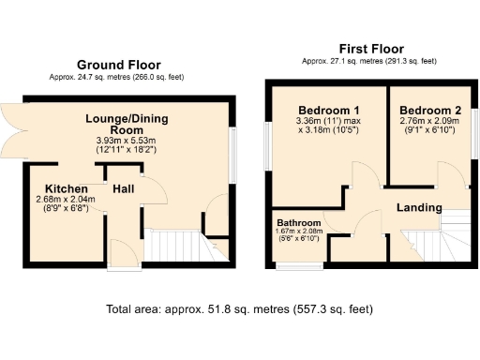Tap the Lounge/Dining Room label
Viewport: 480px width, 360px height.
[119, 125]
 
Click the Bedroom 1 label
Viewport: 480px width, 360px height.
[317, 108]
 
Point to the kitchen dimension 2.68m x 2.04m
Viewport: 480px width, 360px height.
[65, 200]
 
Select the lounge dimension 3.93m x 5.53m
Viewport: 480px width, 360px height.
[119, 142]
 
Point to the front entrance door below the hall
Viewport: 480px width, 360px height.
[121, 255]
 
